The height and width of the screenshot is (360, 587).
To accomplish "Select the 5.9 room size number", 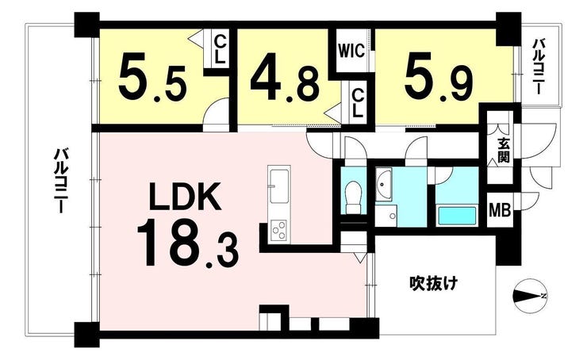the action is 439,82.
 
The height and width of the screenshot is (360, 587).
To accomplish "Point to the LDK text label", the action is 184,196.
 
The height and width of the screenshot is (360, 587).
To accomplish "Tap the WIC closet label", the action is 351,51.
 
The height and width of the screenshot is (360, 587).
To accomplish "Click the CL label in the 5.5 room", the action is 221,50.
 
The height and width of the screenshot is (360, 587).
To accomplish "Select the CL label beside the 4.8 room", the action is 358,104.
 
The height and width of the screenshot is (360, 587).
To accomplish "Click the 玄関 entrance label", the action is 504,151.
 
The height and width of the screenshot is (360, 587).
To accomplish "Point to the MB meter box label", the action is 501,211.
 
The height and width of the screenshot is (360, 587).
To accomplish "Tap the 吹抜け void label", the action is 433,283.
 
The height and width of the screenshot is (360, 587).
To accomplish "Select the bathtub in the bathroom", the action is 457,216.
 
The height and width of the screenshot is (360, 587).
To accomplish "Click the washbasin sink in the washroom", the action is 383,184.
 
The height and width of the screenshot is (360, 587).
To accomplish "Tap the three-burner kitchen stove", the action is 278,230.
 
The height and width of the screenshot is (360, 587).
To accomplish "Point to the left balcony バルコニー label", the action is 61,180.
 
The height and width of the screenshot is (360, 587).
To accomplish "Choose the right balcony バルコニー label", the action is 539,66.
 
